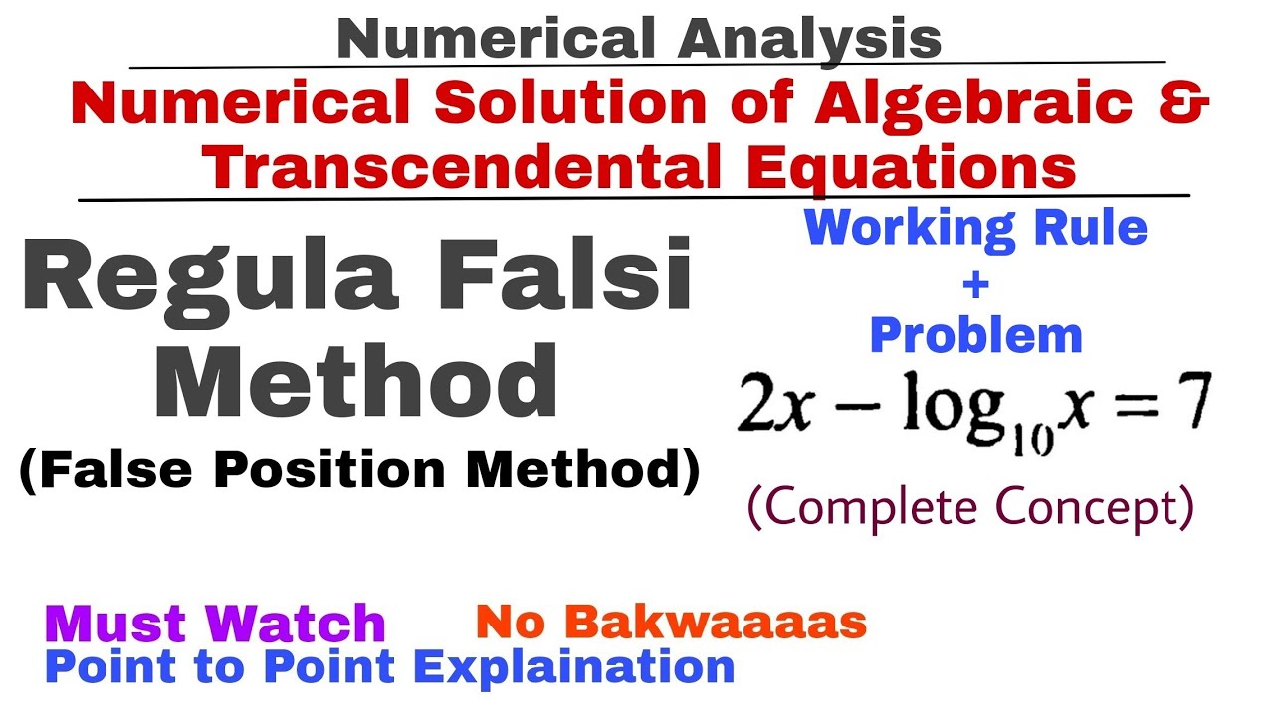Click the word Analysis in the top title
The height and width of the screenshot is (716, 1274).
click(x=810, y=40)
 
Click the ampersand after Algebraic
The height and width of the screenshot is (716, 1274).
click(x=1184, y=103)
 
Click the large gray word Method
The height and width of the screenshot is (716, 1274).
click(x=355, y=382)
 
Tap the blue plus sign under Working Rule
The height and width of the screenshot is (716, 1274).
click(x=976, y=284)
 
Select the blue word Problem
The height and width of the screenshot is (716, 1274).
click(x=976, y=336)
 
